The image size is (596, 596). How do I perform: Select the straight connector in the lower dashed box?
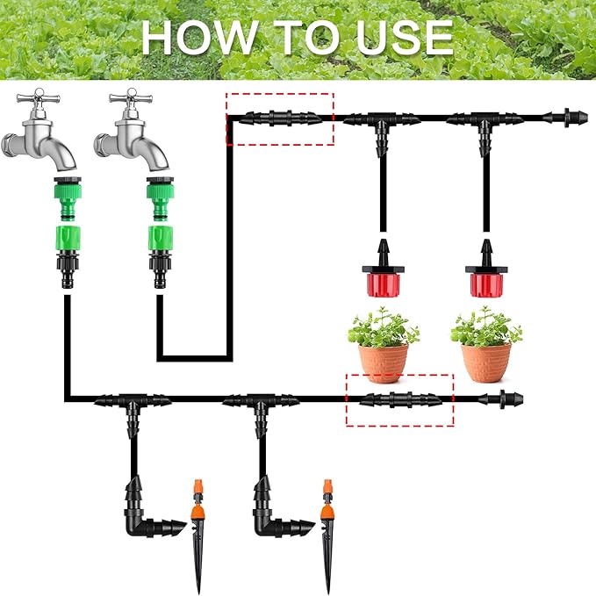pos(399,399)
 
